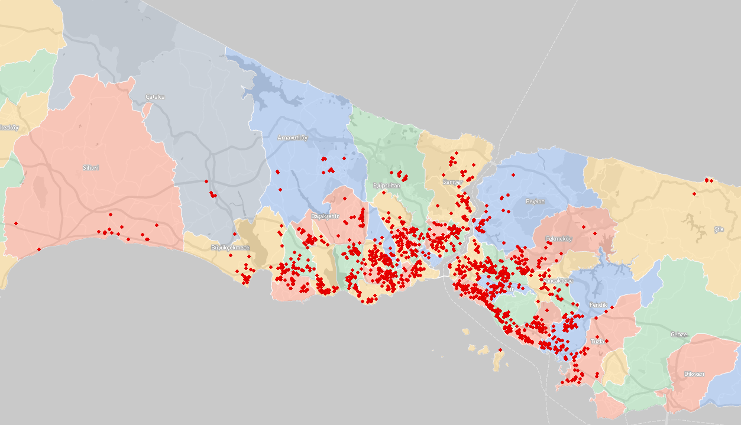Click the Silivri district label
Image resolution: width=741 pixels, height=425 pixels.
(x=90, y=168)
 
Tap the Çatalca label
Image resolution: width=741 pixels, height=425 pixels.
(x=155, y=96)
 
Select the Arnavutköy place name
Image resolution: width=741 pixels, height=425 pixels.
(x=292, y=138)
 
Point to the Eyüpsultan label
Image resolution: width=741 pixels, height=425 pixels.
(x=387, y=186)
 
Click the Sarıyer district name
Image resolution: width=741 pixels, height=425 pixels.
(x=452, y=182)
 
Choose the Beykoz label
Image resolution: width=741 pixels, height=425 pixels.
(x=535, y=202)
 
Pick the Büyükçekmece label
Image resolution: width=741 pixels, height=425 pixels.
(x=230, y=247)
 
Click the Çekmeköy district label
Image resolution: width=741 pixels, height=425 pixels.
(x=558, y=239)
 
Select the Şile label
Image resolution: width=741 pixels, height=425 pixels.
(x=719, y=229)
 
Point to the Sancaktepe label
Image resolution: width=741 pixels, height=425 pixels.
(x=558, y=281)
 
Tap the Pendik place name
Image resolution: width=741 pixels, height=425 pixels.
(x=598, y=305)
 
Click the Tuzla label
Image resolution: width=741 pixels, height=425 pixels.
(x=597, y=342)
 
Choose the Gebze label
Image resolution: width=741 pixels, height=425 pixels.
(x=679, y=335)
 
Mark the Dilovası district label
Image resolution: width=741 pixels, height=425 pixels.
(x=694, y=374)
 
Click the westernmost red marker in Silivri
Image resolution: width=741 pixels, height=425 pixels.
(x=15, y=223)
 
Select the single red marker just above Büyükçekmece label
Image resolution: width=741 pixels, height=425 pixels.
(x=234, y=234)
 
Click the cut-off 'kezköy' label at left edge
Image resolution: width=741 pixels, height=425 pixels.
(x=9, y=128)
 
